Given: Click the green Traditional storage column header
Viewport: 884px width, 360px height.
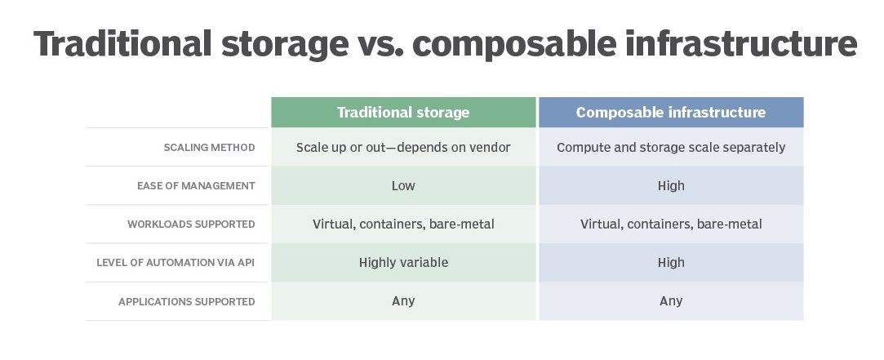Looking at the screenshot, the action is pos(403,113).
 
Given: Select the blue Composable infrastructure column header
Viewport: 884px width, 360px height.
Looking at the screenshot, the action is pos(671,113).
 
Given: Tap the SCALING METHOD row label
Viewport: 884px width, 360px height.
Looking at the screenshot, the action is pos(209,147).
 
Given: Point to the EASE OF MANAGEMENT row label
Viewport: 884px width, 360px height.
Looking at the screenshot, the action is pos(196,185).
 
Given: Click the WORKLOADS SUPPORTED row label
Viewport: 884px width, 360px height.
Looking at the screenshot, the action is pos(191,224).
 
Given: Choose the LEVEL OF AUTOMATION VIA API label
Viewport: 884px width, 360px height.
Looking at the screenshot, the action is pos(175,262).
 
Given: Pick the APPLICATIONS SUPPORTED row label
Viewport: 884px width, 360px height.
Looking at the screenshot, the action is pos(187,301).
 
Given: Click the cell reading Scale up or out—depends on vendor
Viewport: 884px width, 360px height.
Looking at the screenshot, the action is pos(403,147).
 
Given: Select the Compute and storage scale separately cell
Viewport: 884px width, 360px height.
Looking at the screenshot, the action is pos(671,147).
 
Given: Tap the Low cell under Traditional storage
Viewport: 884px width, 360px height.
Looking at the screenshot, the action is pos(403,185).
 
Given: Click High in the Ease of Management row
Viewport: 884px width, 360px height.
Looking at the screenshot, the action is pos(671,185).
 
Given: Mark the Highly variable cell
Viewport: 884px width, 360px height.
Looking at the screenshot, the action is pos(403,262).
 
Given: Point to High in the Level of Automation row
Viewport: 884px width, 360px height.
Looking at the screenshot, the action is pos(671,262).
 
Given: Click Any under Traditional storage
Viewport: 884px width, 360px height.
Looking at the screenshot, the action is pos(403,301).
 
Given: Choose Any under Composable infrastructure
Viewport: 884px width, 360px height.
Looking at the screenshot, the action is pos(671,301).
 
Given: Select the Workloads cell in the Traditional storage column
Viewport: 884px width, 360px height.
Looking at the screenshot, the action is pos(403,224).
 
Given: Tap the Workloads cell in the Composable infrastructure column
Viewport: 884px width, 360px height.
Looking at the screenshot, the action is pos(671,224).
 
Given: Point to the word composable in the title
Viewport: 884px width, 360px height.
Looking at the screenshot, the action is pos(514,45).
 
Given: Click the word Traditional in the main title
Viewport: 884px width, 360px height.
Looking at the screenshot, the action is pos(122,43).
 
